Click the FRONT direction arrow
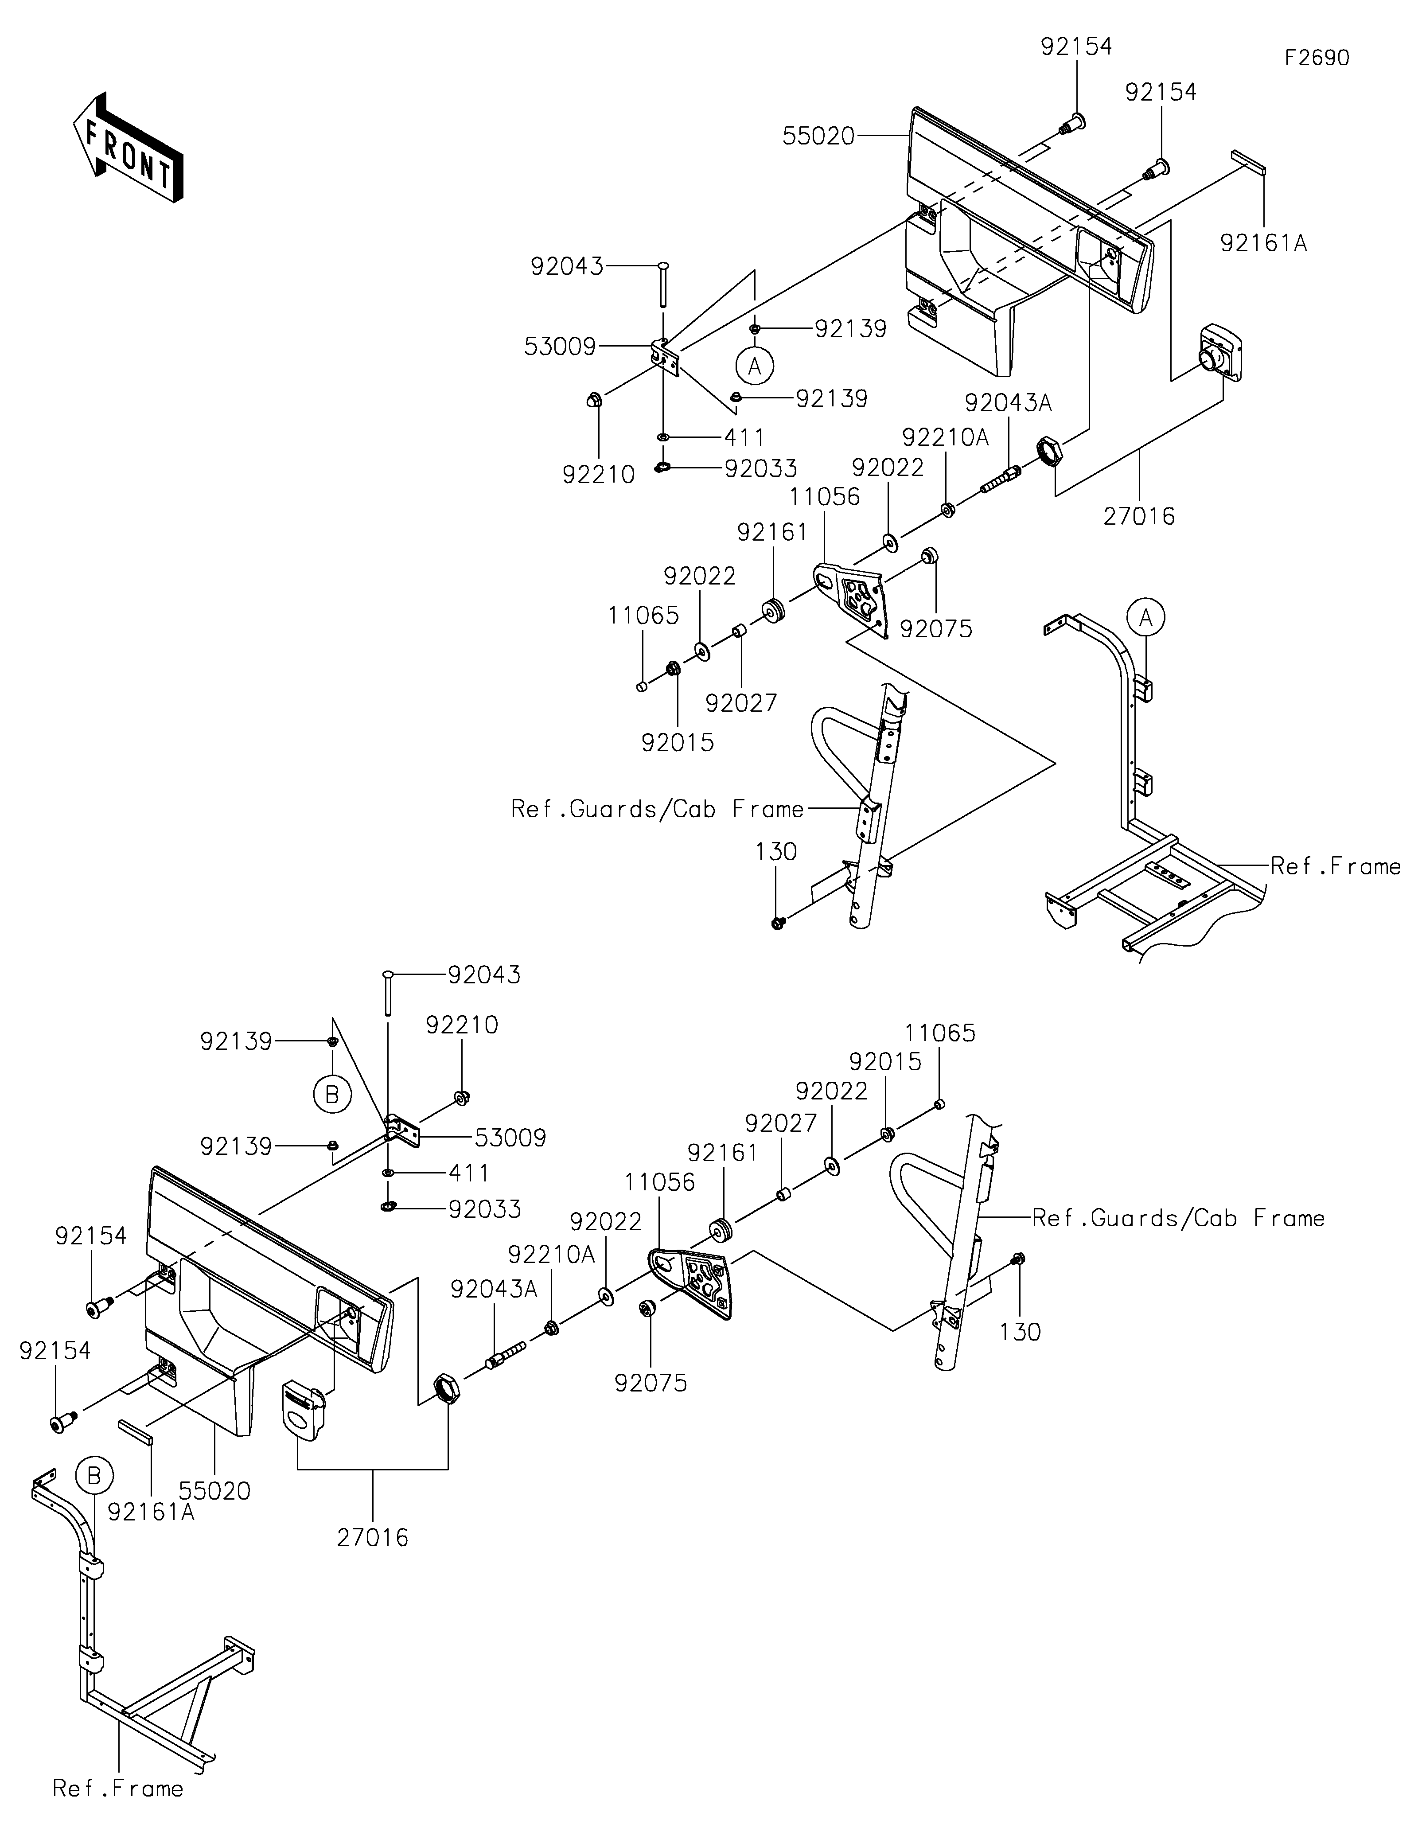pyautogui.click(x=129, y=147)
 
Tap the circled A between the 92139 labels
pyautogui.click(x=755, y=366)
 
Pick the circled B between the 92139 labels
pyautogui.click(x=332, y=1095)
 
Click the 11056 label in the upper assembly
pyautogui.click(x=824, y=497)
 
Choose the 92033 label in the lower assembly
pyautogui.click(x=485, y=1209)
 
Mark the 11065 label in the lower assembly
pyautogui.click(x=940, y=1033)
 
